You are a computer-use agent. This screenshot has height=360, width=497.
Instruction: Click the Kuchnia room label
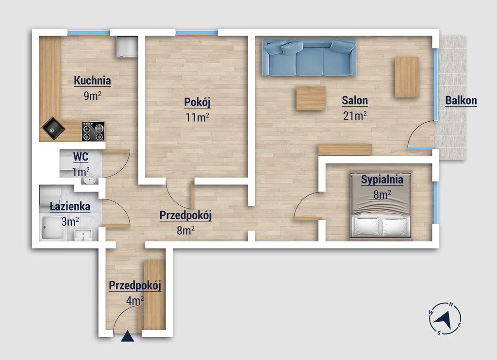[x=92, y=81]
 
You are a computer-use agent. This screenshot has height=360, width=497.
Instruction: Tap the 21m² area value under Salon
[x=355, y=115]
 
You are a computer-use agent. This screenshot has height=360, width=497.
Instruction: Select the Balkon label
[x=461, y=100]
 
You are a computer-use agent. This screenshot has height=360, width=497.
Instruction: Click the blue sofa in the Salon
[x=309, y=57]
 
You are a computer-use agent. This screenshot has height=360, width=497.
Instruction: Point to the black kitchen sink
[x=53, y=129]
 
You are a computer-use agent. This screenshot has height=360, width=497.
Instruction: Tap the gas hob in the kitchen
[x=93, y=131]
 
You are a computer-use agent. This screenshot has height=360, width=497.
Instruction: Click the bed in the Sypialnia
[x=381, y=205]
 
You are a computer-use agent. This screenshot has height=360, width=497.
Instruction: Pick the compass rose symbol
[x=445, y=318]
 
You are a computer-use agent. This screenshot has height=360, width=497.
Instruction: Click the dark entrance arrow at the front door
[x=128, y=336]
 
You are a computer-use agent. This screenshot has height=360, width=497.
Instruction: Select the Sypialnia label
[x=382, y=180]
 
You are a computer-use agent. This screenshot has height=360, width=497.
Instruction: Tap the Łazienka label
[x=70, y=207]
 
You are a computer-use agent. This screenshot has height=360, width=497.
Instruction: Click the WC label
[x=81, y=157]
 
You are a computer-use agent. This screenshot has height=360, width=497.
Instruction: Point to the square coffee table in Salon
[x=311, y=98]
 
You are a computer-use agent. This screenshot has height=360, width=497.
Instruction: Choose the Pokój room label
[x=197, y=102]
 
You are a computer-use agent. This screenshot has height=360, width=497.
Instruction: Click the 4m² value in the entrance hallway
[x=135, y=300]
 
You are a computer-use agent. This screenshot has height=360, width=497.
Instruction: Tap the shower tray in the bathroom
[x=53, y=228]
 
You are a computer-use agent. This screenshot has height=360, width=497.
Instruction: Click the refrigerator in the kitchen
[x=127, y=47]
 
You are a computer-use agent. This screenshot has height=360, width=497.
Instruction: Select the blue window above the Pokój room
[x=197, y=33]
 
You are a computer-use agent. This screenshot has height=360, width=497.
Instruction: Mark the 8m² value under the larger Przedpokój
[x=185, y=230]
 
